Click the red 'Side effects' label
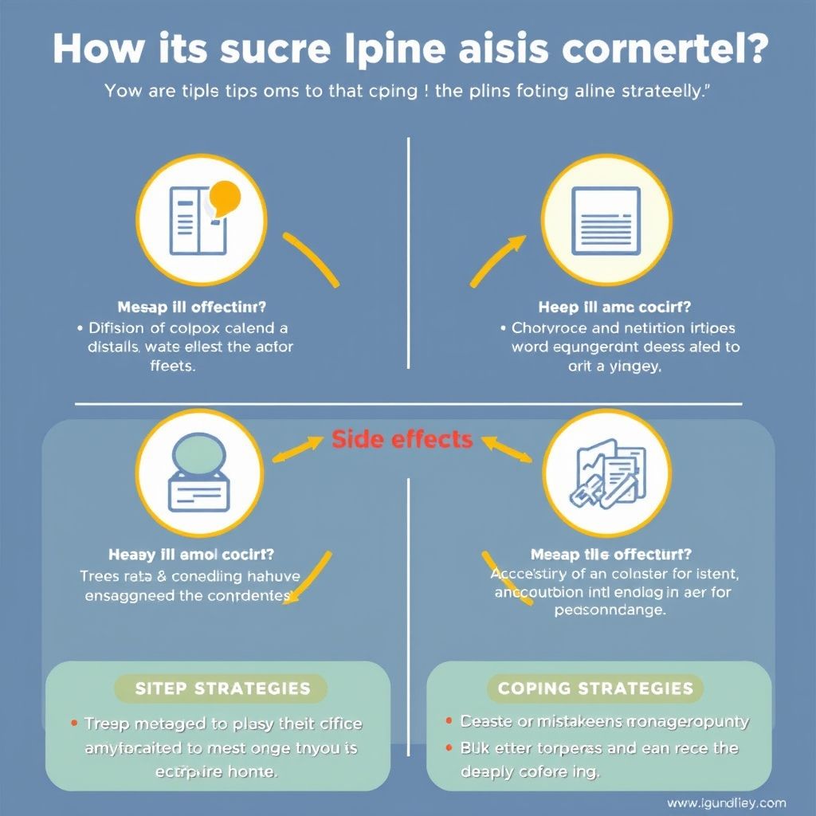click(402, 439)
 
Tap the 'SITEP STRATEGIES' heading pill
click(221, 688)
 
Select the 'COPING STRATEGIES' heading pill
click(595, 688)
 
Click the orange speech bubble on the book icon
click(224, 196)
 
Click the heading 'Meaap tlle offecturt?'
click(610, 554)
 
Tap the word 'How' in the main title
click(90, 49)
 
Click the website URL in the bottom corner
click(726, 803)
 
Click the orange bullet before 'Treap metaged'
click(74, 724)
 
